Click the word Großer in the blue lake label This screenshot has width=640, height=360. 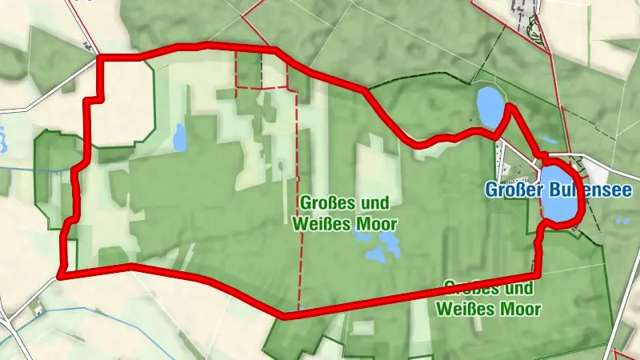513,190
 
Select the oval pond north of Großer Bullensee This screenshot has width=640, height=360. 489,106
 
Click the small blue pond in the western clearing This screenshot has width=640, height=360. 179,137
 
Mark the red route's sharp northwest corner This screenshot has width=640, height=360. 99,57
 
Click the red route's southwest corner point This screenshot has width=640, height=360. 61,276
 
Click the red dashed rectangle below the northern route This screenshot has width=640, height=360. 261,71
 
